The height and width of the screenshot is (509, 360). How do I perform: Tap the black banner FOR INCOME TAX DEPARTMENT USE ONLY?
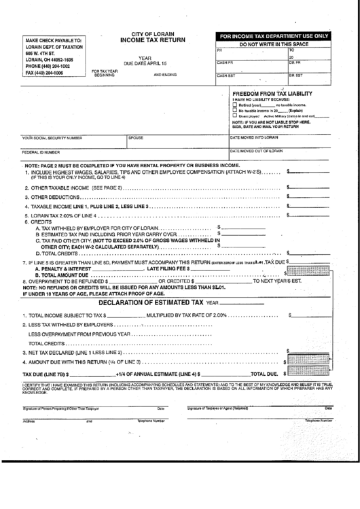[274, 35]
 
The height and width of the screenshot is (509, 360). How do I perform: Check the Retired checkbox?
[235, 106]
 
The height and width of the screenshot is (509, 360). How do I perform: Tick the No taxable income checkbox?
[235, 111]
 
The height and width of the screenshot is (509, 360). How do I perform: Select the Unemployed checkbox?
[235, 116]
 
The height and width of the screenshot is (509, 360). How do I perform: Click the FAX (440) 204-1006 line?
[44, 71]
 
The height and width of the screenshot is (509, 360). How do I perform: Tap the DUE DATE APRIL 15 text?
[145, 63]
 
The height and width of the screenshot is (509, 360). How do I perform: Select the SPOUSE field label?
[136, 137]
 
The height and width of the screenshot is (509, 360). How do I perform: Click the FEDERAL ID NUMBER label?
[41, 152]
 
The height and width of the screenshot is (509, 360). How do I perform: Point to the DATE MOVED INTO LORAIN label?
[255, 137]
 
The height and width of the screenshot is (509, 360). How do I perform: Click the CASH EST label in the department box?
[226, 75]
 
